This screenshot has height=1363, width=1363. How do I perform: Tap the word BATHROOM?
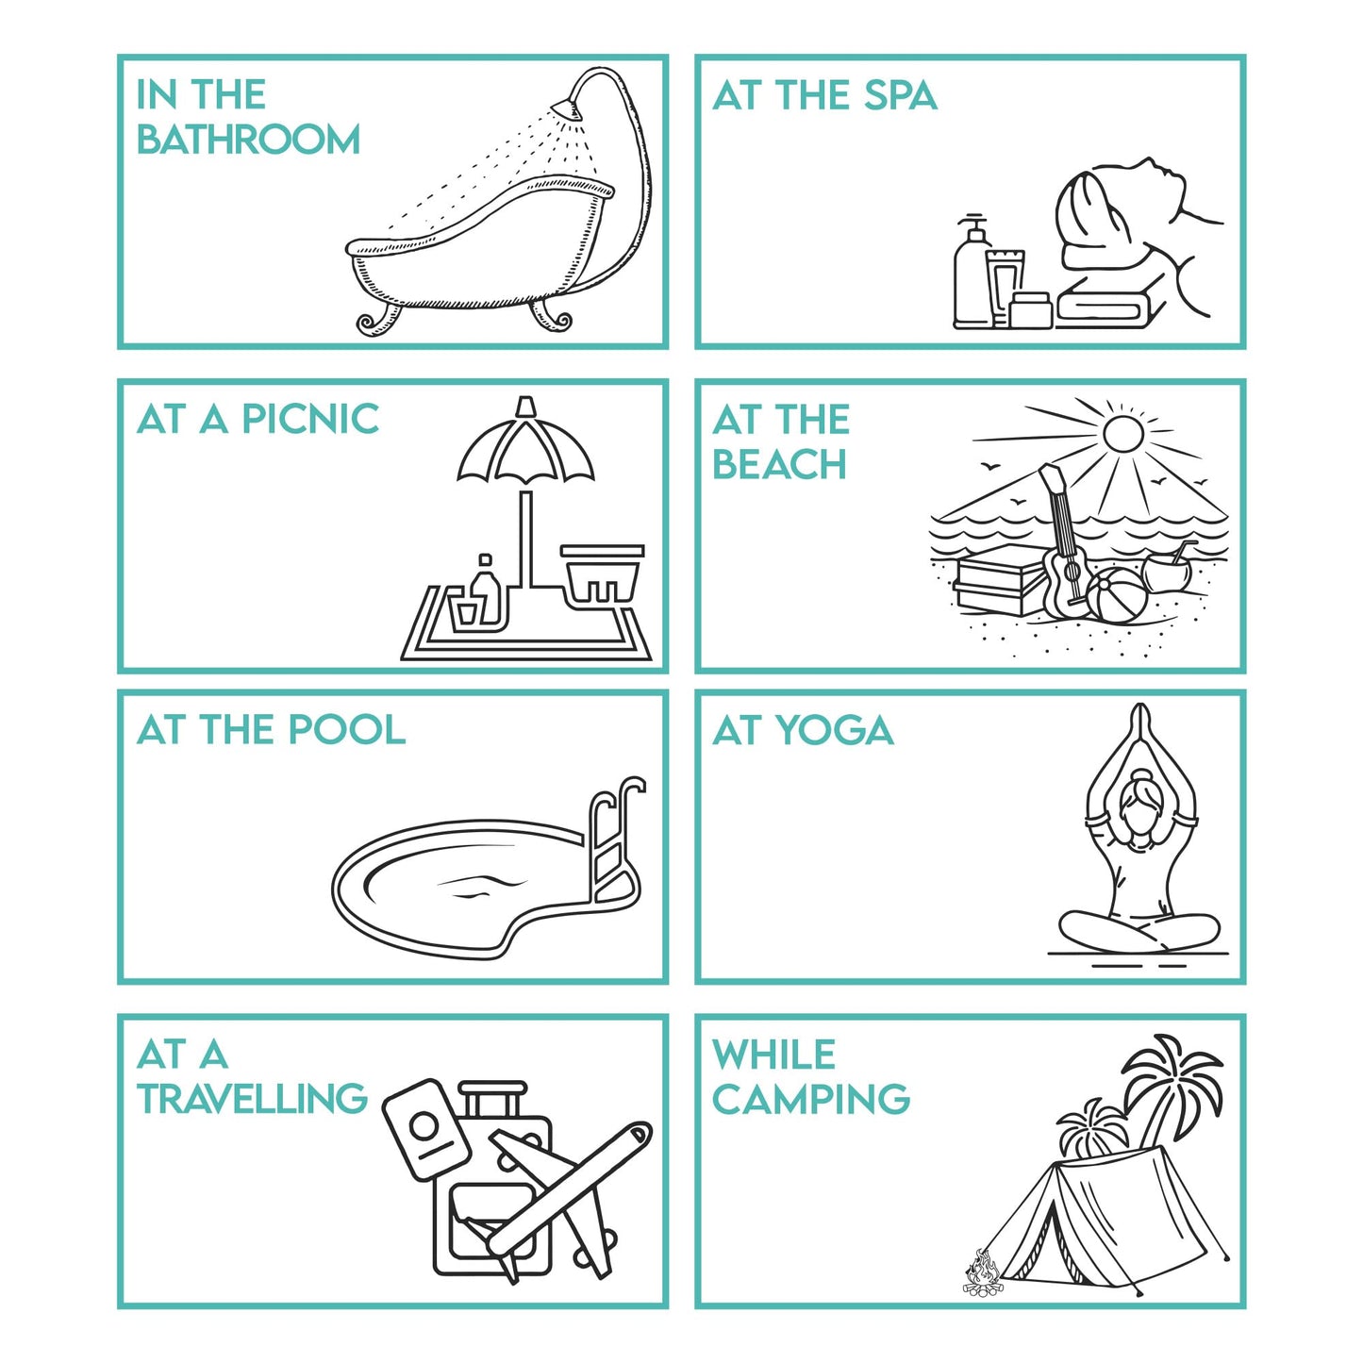(x=248, y=139)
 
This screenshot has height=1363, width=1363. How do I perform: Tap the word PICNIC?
(x=310, y=419)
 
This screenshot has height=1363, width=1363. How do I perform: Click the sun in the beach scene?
(x=1123, y=433)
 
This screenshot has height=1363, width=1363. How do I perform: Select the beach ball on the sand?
(x=1116, y=595)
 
